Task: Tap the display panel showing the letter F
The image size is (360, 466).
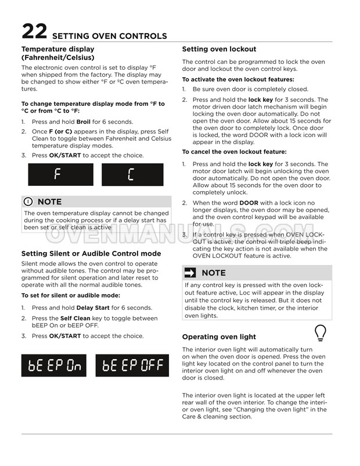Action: tap(60, 174)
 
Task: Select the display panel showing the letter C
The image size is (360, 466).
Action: tap(132, 174)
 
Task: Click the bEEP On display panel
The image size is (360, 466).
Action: tap(53, 365)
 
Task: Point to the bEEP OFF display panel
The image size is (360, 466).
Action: tap(132, 365)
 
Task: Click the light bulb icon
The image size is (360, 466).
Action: tap(320, 333)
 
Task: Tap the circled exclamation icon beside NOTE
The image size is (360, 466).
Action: tap(28, 202)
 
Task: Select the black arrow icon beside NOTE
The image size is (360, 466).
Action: tap(190, 273)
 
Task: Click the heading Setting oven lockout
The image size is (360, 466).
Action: tap(219, 49)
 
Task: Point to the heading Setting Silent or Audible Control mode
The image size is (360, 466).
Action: tap(91, 254)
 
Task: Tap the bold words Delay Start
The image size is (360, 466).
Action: tap(93, 308)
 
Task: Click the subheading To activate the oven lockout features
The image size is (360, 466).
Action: tap(238, 80)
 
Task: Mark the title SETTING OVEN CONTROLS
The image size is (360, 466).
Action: tap(109, 36)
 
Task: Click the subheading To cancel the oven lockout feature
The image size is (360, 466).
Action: tap(234, 152)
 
